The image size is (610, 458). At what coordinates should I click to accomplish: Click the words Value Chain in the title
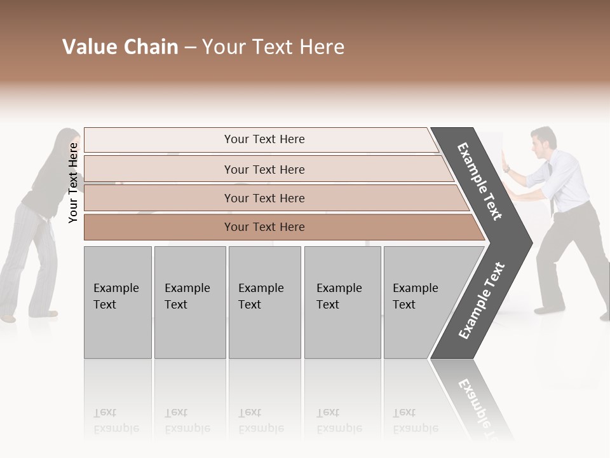click(120, 47)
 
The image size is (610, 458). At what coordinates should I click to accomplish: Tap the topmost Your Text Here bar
click(264, 139)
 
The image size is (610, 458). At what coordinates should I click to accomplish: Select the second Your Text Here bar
click(264, 169)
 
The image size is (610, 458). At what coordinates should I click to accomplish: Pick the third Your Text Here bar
click(264, 198)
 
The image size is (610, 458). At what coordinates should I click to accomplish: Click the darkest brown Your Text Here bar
click(264, 227)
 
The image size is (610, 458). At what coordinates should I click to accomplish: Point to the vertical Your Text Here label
click(73, 183)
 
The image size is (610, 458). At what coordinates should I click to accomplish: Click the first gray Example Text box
click(118, 302)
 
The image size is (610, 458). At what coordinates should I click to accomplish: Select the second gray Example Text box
click(189, 302)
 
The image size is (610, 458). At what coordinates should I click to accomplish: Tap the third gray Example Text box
click(264, 302)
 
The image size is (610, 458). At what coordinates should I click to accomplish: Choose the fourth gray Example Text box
click(342, 302)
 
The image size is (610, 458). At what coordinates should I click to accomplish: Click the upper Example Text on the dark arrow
click(480, 181)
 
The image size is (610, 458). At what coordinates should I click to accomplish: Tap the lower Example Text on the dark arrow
click(482, 300)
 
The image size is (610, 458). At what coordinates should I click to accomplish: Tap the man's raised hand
click(506, 160)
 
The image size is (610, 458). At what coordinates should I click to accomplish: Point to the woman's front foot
click(8, 317)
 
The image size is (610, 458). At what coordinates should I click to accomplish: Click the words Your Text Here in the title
click(273, 47)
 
